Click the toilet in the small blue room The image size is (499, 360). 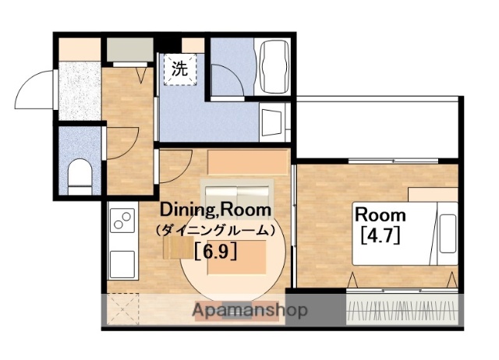pyautogui.click(x=80, y=177)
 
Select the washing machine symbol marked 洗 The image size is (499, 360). pyautogui.click(x=180, y=69)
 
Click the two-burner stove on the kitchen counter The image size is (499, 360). pyautogui.click(x=122, y=221)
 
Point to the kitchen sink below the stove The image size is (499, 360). pyautogui.click(x=122, y=265)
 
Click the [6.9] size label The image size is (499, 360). pyautogui.click(x=215, y=252)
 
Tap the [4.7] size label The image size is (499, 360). pyautogui.click(x=380, y=235)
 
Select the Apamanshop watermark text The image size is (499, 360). pyautogui.click(x=249, y=310)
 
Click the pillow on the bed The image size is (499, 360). pyautogui.click(x=448, y=234)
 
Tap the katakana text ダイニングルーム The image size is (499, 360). pyautogui.click(x=215, y=230)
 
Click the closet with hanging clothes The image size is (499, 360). pyautogui.click(x=402, y=309)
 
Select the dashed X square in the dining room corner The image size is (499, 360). pyautogui.click(x=123, y=309)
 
